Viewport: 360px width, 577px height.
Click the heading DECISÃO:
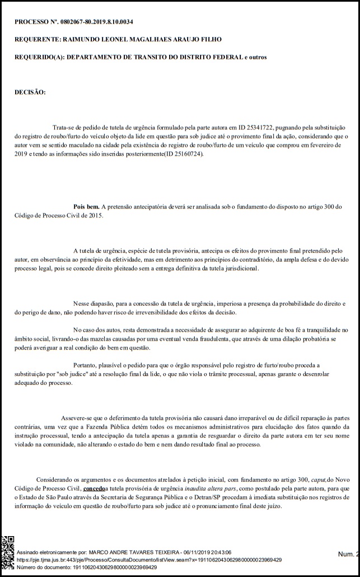click(30, 92)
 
